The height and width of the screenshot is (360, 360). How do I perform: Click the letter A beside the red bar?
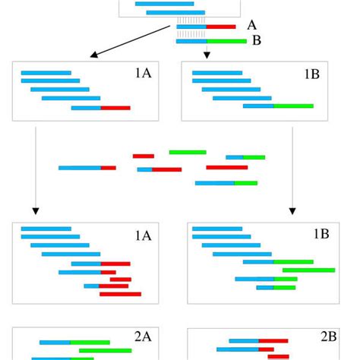point(251,26)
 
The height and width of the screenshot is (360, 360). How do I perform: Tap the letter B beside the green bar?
point(257,40)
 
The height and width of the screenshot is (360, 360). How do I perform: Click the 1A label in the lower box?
point(143,235)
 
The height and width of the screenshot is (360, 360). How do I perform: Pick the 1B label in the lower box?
point(321,235)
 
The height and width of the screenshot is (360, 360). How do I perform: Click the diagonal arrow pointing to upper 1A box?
point(129,41)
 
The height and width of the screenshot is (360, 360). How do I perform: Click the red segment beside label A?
point(221,27)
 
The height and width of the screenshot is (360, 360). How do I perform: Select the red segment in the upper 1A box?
point(115,108)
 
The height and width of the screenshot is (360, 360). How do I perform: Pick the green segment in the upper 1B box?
point(293,106)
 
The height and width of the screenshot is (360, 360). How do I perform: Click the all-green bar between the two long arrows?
point(188,152)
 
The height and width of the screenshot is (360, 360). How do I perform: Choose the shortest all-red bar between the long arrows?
point(144,156)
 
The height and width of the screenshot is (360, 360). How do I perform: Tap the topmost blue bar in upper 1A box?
point(46,73)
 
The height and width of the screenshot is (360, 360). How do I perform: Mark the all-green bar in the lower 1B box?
point(309,270)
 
